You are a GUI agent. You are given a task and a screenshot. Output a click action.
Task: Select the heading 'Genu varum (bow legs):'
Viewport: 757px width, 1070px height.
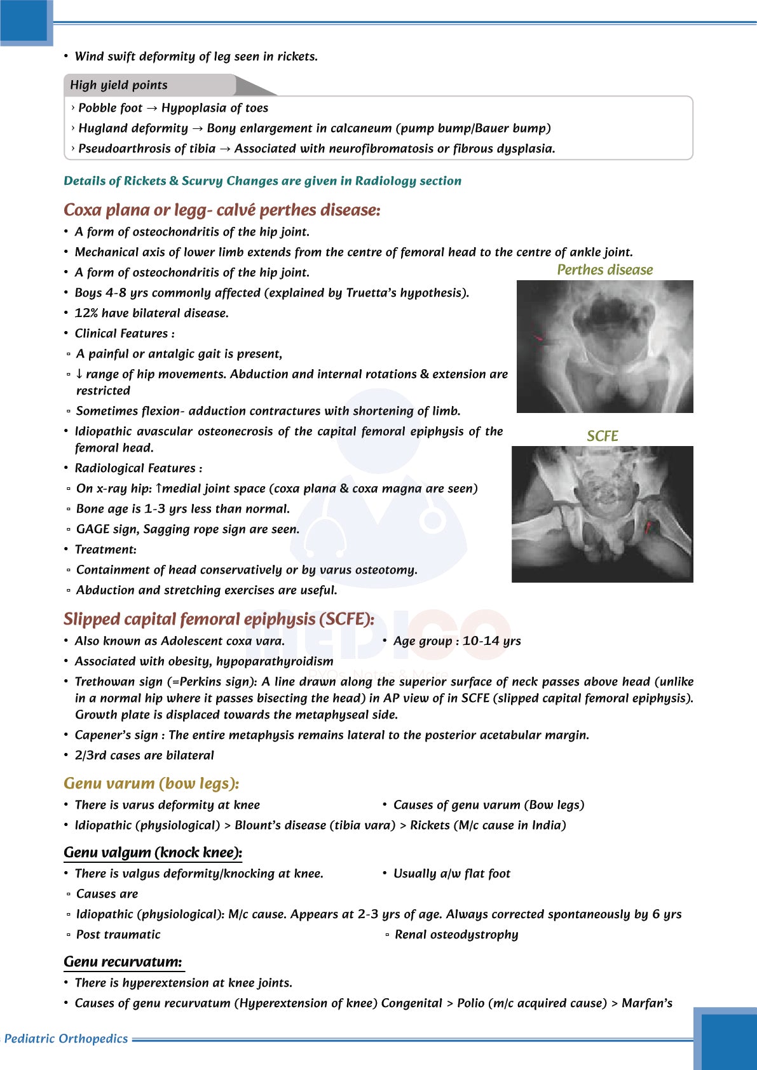pyautogui.click(x=151, y=783)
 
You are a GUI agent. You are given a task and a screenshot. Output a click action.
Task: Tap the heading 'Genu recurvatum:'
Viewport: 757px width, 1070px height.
pyautogui.click(x=123, y=962)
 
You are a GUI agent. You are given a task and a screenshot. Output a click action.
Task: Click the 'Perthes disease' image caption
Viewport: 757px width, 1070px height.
pyautogui.click(x=604, y=270)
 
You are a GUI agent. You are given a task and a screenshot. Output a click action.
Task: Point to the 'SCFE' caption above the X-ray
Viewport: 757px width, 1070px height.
pyautogui.click(x=602, y=437)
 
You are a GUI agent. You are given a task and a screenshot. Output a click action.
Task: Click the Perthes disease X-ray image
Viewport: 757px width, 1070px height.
pyautogui.click(x=604, y=346)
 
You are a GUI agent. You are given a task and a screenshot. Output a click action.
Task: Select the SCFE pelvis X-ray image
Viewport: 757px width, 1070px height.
pyautogui.click(x=602, y=514)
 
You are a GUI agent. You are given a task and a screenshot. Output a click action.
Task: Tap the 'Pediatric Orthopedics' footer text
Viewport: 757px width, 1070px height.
pyautogui.click(x=66, y=1039)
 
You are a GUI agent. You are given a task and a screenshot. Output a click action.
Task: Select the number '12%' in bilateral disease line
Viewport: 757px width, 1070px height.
pyautogui.click(x=86, y=313)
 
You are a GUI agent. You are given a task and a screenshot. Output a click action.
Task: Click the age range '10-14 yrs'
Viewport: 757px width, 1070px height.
pyautogui.click(x=491, y=641)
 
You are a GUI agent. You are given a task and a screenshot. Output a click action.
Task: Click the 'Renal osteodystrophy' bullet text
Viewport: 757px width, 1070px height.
pyautogui.click(x=456, y=935)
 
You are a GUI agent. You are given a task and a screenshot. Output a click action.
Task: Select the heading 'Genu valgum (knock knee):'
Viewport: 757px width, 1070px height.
pyautogui.click(x=153, y=853)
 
